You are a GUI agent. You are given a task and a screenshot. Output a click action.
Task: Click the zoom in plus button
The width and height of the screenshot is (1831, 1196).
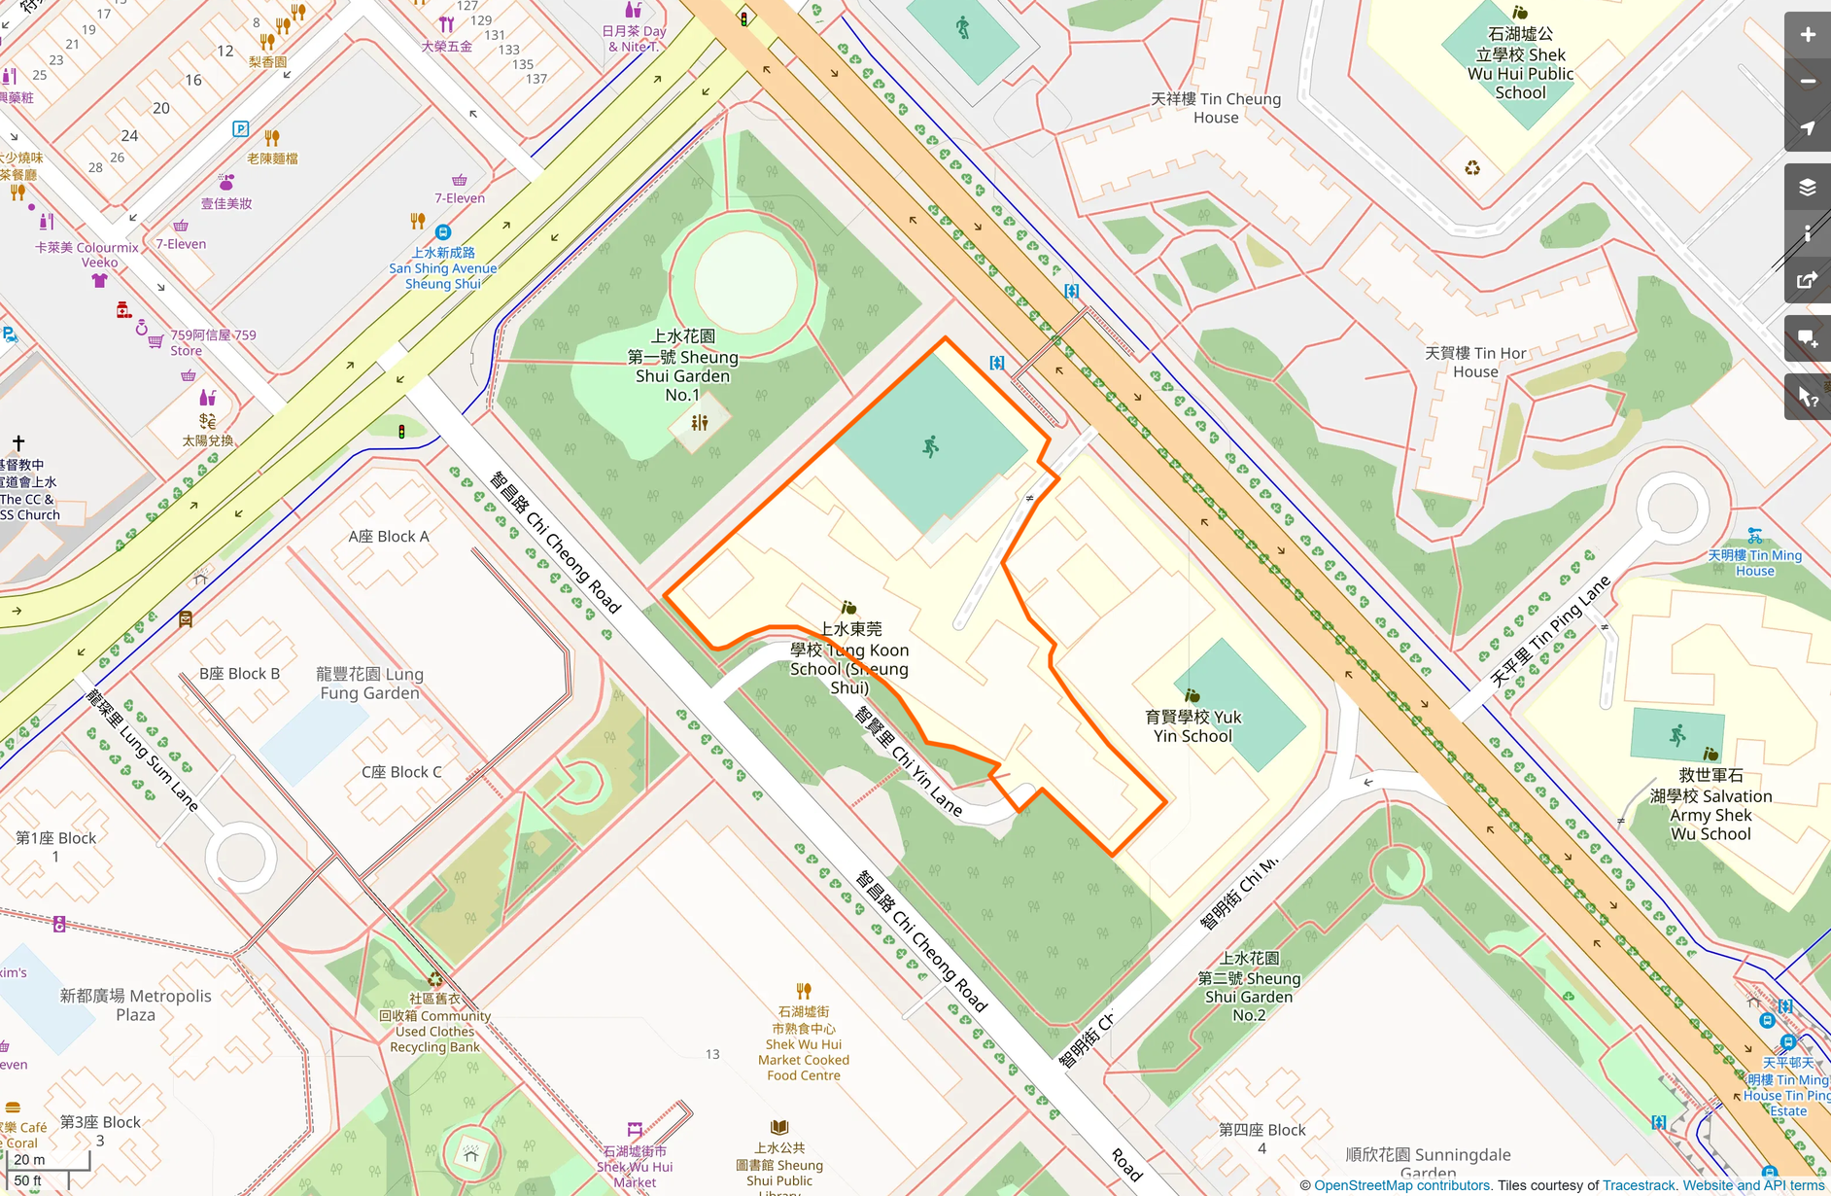pyautogui.click(x=1807, y=35)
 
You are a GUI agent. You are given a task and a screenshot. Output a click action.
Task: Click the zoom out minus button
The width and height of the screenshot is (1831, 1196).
pyautogui.click(x=1807, y=82)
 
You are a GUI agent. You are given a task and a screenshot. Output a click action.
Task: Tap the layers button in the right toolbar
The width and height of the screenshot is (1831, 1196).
pyautogui.click(x=1807, y=187)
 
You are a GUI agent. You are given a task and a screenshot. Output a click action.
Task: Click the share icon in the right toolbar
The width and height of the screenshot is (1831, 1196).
pyautogui.click(x=1807, y=281)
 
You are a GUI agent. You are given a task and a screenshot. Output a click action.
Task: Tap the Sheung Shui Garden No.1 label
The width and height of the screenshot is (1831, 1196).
pyautogui.click(x=682, y=366)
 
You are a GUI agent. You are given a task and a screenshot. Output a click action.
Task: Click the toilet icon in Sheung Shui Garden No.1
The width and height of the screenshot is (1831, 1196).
pyautogui.click(x=700, y=423)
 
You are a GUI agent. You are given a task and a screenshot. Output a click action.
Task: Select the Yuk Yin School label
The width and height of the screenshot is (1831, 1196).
pyautogui.click(x=1192, y=726)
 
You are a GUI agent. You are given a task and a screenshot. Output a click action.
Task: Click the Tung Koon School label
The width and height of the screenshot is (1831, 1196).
pyautogui.click(x=850, y=658)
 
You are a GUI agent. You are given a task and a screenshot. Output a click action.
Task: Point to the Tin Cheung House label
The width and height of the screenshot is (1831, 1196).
pyautogui.click(x=1216, y=108)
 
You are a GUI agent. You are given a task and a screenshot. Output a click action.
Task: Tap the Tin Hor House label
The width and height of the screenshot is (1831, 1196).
pyautogui.click(x=1474, y=362)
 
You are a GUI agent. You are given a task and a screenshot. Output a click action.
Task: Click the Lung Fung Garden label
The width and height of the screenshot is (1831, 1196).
pyautogui.click(x=369, y=683)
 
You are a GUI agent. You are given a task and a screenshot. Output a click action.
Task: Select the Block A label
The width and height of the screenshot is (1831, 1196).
pyautogui.click(x=388, y=536)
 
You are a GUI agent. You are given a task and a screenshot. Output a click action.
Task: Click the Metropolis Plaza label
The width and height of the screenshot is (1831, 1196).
pyautogui.click(x=135, y=1004)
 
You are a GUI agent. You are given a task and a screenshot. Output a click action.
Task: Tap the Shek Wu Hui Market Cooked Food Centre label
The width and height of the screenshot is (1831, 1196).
pyautogui.click(x=804, y=1043)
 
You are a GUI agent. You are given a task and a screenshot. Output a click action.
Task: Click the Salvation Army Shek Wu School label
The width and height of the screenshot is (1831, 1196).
pyautogui.click(x=1710, y=804)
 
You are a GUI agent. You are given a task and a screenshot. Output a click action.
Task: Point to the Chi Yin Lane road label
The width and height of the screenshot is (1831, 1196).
pyautogui.click(x=909, y=761)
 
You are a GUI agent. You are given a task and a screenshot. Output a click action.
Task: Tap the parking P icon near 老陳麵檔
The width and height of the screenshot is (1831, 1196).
pyautogui.click(x=240, y=128)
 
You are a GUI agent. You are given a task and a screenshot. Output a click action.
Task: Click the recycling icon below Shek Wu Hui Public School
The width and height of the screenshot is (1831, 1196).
pyautogui.click(x=1472, y=168)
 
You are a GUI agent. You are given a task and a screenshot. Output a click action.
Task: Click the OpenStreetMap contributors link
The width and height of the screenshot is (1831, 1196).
pyautogui.click(x=1401, y=1185)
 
